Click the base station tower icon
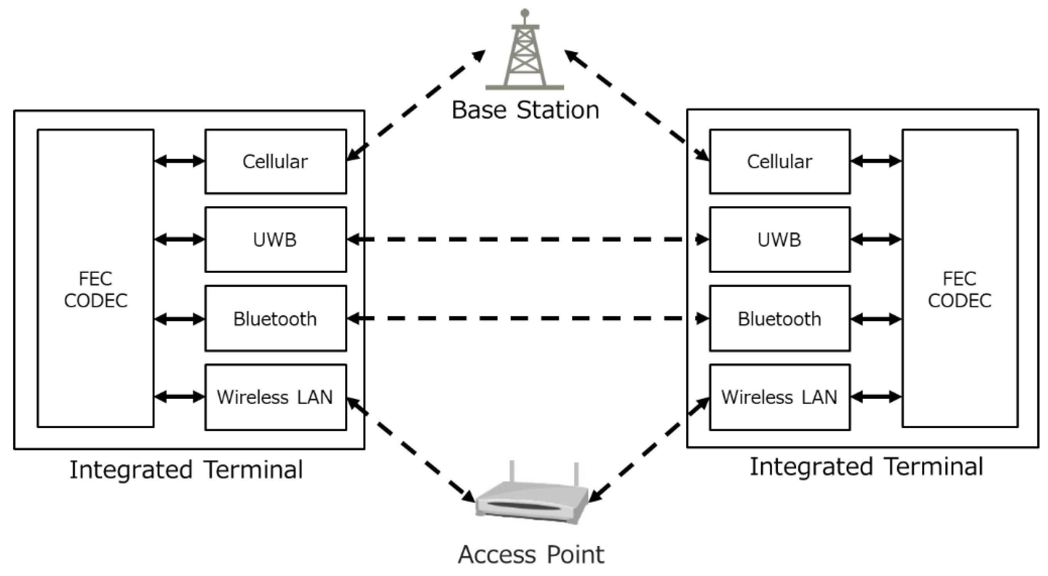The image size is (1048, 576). (525, 53)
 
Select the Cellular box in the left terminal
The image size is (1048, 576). (275, 161)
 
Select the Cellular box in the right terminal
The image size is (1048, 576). (780, 161)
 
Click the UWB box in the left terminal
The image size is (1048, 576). (275, 239)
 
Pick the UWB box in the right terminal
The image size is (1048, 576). (780, 239)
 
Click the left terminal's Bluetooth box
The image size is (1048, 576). (275, 318)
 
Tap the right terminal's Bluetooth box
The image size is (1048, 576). (780, 318)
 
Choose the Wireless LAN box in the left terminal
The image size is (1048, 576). (275, 397)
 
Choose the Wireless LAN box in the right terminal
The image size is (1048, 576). (780, 397)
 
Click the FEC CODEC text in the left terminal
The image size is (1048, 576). (96, 290)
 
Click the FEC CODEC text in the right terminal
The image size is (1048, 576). (959, 290)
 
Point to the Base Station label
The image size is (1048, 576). (525, 110)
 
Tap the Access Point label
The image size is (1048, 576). (531, 554)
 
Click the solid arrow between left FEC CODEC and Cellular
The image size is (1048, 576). (179, 161)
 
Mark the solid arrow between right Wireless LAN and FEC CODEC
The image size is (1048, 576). (876, 397)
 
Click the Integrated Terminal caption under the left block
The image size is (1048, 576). (186, 470)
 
